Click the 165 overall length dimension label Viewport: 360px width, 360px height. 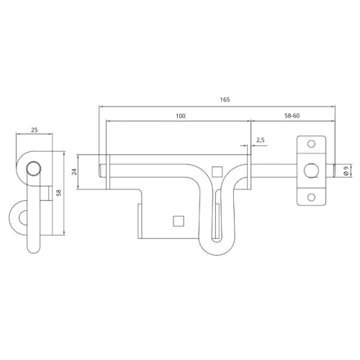(x=225, y=99)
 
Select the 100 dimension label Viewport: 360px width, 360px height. (x=181, y=116)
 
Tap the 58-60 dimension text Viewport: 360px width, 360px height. (x=292, y=116)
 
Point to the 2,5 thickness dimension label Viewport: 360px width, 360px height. (x=261, y=140)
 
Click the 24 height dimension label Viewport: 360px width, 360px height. (x=74, y=171)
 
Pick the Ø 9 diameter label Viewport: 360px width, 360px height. (x=346, y=171)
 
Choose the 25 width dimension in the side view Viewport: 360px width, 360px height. (x=35, y=130)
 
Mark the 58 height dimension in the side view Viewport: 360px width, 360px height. (x=59, y=193)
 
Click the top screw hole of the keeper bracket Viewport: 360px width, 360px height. (x=311, y=144)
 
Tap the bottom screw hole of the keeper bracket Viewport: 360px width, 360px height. (x=311, y=197)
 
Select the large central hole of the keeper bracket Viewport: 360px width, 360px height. (x=311, y=171)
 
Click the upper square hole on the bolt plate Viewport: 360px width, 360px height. (x=217, y=172)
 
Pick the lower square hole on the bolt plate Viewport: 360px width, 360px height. (x=179, y=221)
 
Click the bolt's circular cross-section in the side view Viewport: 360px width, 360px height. (x=34, y=168)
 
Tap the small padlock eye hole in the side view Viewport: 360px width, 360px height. (x=23, y=218)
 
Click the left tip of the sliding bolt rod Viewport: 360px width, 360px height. (x=100, y=171)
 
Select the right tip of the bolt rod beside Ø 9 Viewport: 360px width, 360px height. (x=334, y=171)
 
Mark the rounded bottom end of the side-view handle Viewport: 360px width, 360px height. (x=34, y=250)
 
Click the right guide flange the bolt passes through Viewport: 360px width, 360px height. (x=249, y=171)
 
